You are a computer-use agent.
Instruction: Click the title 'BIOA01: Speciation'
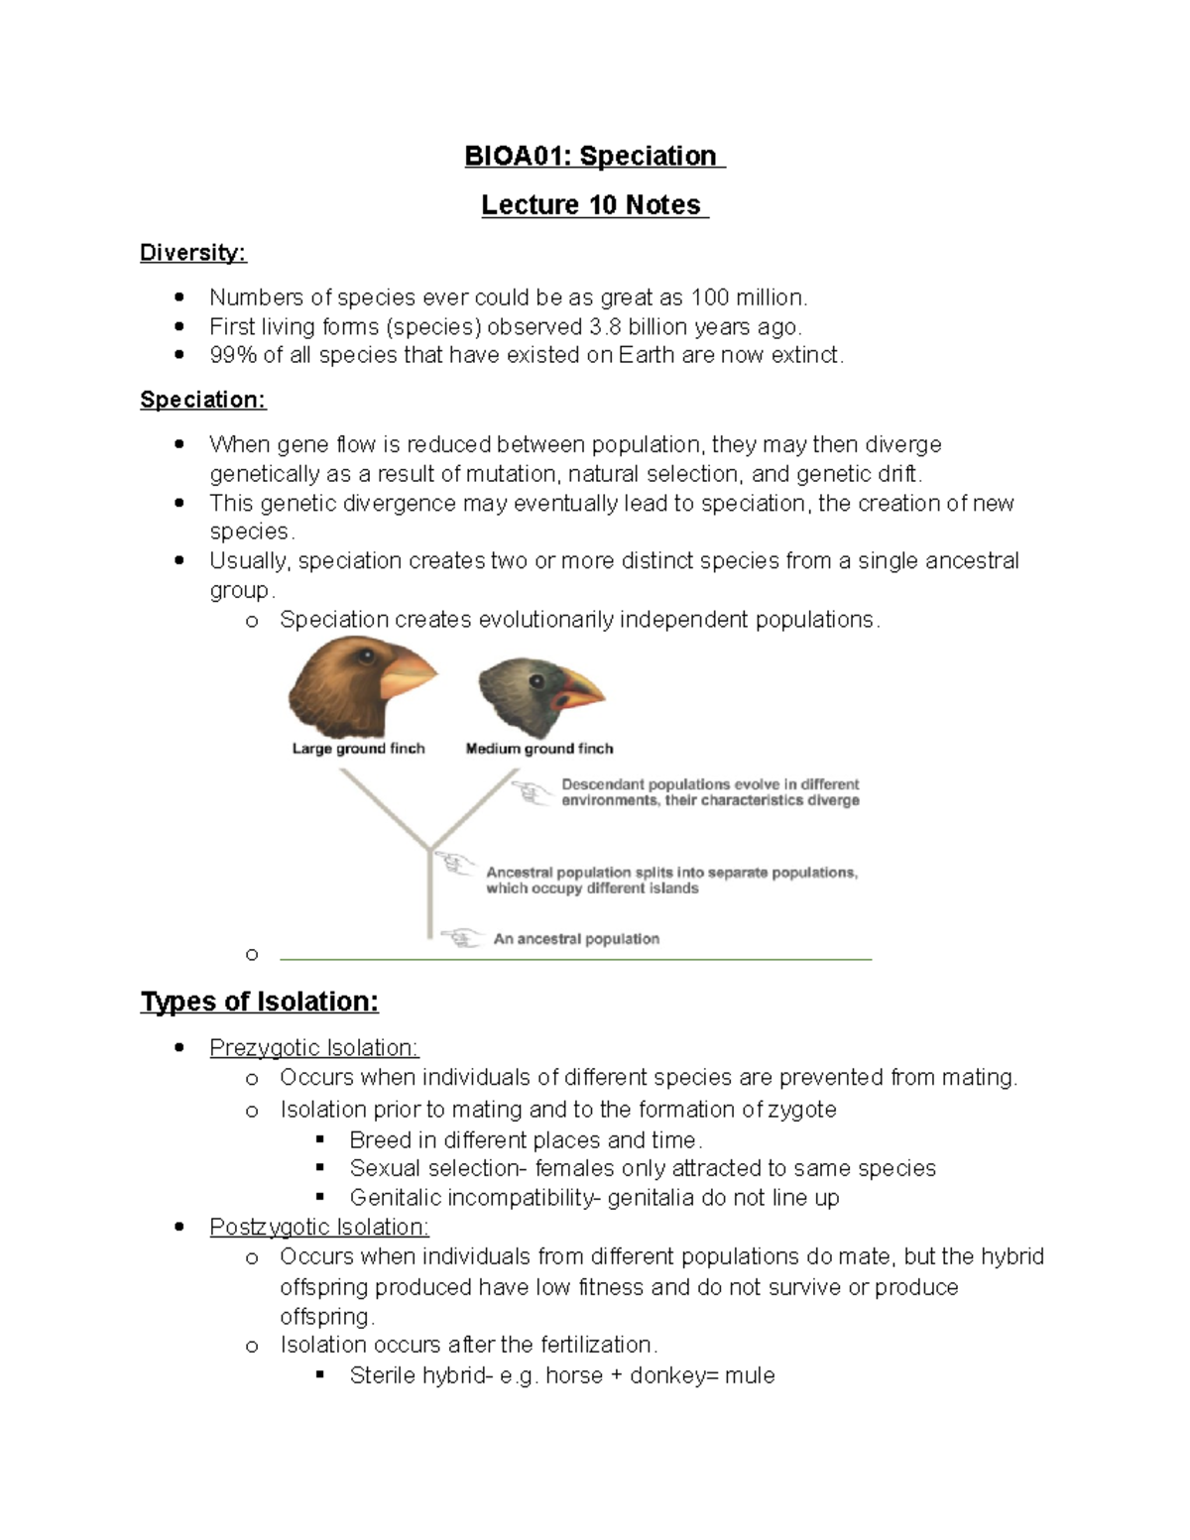592,157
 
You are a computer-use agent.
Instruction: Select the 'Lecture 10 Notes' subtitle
592,205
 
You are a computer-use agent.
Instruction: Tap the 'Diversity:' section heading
192,253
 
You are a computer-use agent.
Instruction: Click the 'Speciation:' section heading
202,400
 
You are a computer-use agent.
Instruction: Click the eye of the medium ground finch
536,681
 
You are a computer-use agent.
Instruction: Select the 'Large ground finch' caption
358,749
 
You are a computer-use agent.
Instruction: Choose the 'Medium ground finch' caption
539,749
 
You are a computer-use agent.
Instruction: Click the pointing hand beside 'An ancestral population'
461,937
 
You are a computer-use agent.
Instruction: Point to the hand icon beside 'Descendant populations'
533,791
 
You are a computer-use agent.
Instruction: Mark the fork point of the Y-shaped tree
429,849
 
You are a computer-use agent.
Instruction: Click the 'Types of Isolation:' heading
259,1002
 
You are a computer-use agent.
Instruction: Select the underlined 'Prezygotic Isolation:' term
314,1048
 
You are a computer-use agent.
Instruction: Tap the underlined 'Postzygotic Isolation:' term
319,1228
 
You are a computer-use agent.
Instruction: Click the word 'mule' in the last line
750,1376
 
